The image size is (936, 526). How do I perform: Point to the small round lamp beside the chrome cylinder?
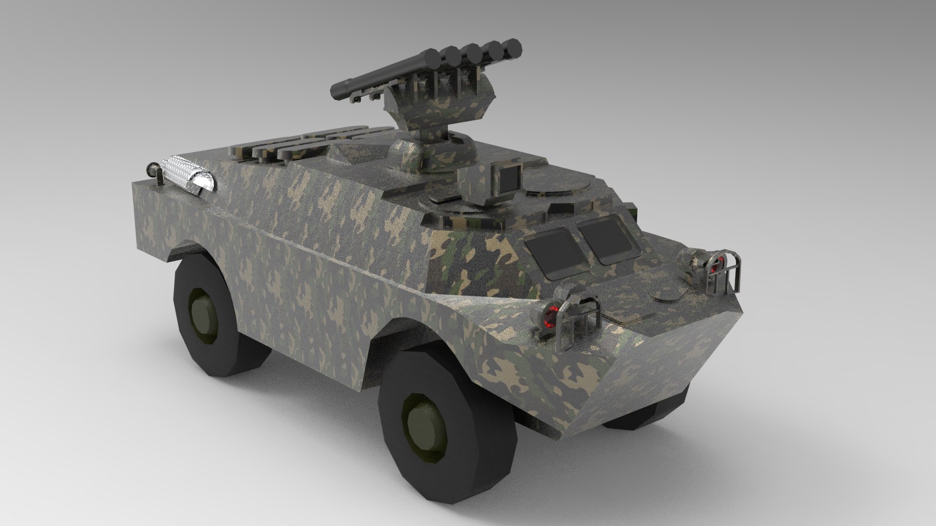coord(152,170)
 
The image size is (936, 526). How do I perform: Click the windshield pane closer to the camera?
coord(557,249)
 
